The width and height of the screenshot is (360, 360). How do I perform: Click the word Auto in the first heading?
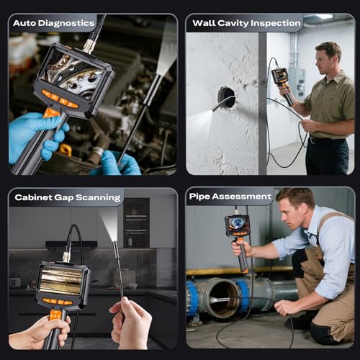[24, 23]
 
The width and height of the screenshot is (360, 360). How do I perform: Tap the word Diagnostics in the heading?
[66, 24]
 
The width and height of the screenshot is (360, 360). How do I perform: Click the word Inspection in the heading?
[276, 23]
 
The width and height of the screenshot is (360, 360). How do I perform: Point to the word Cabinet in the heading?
[33, 197]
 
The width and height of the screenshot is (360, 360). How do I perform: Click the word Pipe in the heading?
[199, 197]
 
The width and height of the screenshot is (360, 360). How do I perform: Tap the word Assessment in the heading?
[241, 197]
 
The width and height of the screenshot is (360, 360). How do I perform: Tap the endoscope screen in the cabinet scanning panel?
[61, 281]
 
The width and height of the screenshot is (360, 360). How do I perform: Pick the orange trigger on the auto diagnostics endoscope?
[50, 113]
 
